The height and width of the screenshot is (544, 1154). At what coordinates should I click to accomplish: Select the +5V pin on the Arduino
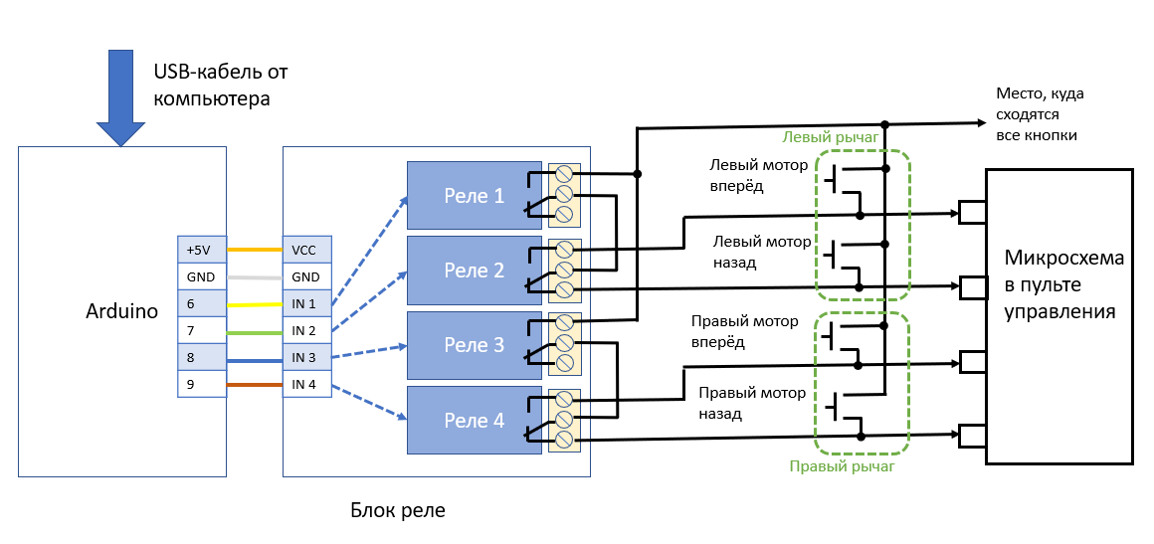[202, 250]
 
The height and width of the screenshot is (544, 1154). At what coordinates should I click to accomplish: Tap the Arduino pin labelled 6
[202, 303]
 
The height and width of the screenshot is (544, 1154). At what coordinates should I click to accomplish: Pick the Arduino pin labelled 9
[202, 384]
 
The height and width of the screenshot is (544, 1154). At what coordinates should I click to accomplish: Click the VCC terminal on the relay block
[305, 250]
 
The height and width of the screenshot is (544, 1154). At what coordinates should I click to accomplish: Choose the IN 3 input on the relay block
[305, 357]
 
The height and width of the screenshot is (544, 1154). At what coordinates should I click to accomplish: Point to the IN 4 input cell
[305, 384]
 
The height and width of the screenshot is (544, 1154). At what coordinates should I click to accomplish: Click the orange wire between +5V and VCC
[255, 250]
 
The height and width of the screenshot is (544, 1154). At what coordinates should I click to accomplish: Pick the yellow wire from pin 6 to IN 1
[255, 303]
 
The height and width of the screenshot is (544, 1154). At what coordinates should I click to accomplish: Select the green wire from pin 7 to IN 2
[255, 330]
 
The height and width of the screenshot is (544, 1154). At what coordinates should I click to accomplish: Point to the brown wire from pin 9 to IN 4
[255, 384]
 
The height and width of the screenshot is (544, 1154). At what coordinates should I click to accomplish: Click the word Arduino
[121, 311]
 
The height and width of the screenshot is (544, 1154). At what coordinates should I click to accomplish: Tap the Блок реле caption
[398, 510]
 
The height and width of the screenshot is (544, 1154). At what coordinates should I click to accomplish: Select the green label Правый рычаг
[843, 464]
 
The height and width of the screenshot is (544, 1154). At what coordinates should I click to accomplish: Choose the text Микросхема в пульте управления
[1063, 285]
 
